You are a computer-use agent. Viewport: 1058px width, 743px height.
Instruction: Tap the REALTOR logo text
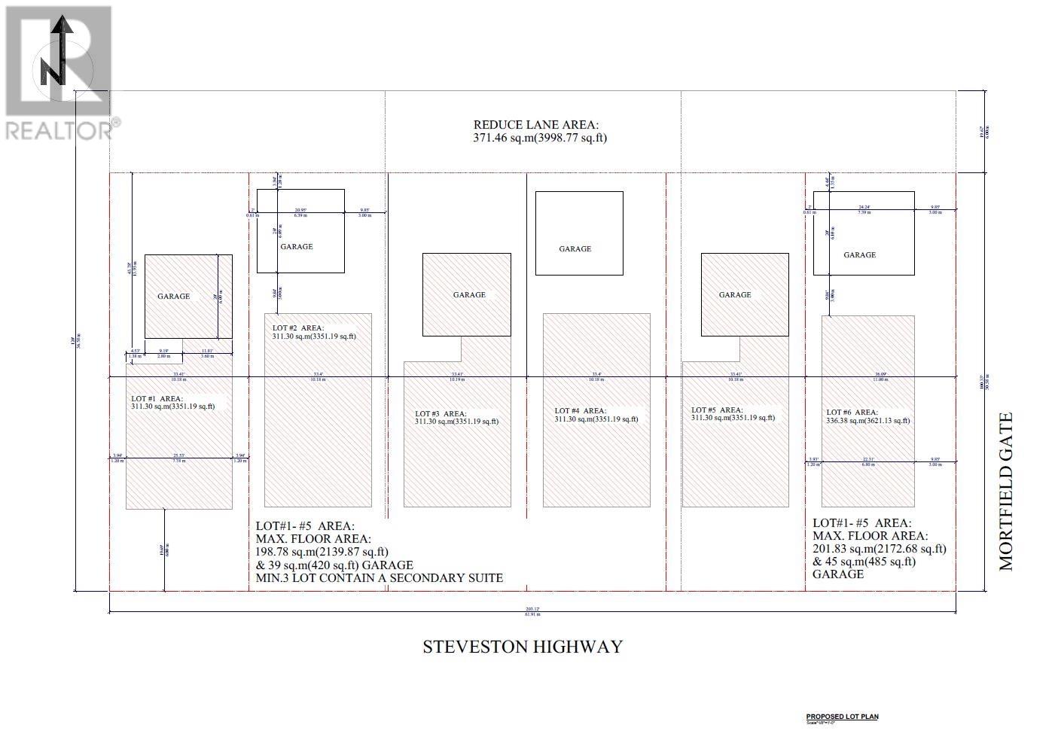coord(59,129)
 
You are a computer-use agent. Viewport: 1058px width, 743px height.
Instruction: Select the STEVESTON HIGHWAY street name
coord(523,647)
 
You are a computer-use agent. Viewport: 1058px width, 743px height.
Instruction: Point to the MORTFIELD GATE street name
coord(1006,491)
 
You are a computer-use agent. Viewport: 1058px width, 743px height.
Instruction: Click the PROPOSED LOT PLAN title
coord(842,717)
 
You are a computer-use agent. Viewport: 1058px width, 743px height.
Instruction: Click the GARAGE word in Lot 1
coord(173,297)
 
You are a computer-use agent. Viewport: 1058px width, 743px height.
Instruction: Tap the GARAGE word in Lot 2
coord(297,246)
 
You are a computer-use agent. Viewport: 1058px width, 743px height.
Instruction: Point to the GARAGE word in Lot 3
coord(469,295)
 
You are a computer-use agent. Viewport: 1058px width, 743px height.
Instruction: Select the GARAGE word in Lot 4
coord(575,248)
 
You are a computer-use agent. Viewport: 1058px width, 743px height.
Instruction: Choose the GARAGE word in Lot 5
coord(735,295)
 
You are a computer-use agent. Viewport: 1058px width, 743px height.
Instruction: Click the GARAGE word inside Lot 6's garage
coord(859,255)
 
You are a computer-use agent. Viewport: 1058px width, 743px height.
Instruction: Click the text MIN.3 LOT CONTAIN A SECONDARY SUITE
coord(379,578)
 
